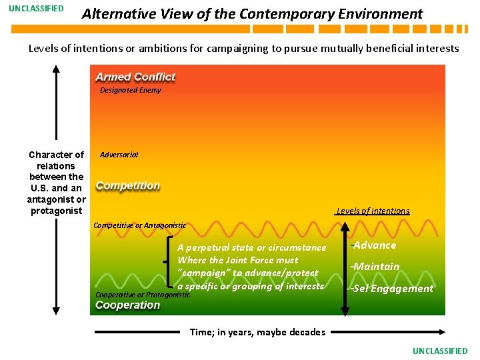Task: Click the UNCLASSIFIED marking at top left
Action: click(x=36, y=9)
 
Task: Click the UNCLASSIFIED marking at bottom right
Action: click(x=440, y=351)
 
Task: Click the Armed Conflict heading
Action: click(x=135, y=77)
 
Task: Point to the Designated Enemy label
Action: click(x=130, y=90)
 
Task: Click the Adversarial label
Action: click(x=119, y=154)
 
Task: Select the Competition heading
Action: click(x=128, y=185)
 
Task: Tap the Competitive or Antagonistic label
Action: click(x=139, y=225)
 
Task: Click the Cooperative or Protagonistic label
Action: click(x=143, y=295)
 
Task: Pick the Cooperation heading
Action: click(x=128, y=305)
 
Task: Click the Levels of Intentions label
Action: click(x=373, y=211)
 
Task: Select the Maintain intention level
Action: click(x=376, y=267)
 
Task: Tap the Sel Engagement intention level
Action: click(x=393, y=289)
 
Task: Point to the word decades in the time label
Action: click(x=307, y=332)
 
